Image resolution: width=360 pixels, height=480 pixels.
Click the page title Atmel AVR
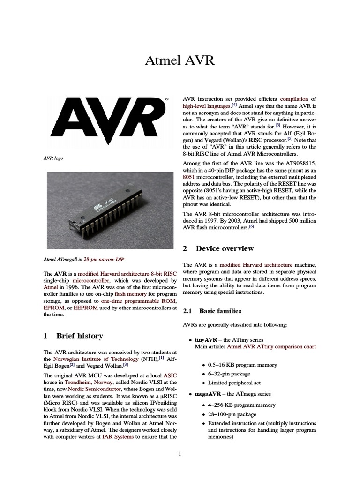[x=180, y=61]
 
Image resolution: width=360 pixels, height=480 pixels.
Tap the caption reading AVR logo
[x=53, y=158]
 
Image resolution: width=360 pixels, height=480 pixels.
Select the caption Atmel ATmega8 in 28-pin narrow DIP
[x=84, y=259]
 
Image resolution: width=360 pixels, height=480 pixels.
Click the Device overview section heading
[x=218, y=248]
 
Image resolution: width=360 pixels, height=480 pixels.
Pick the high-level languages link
[x=206, y=106]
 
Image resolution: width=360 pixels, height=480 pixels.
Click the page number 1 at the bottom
[x=180, y=454]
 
